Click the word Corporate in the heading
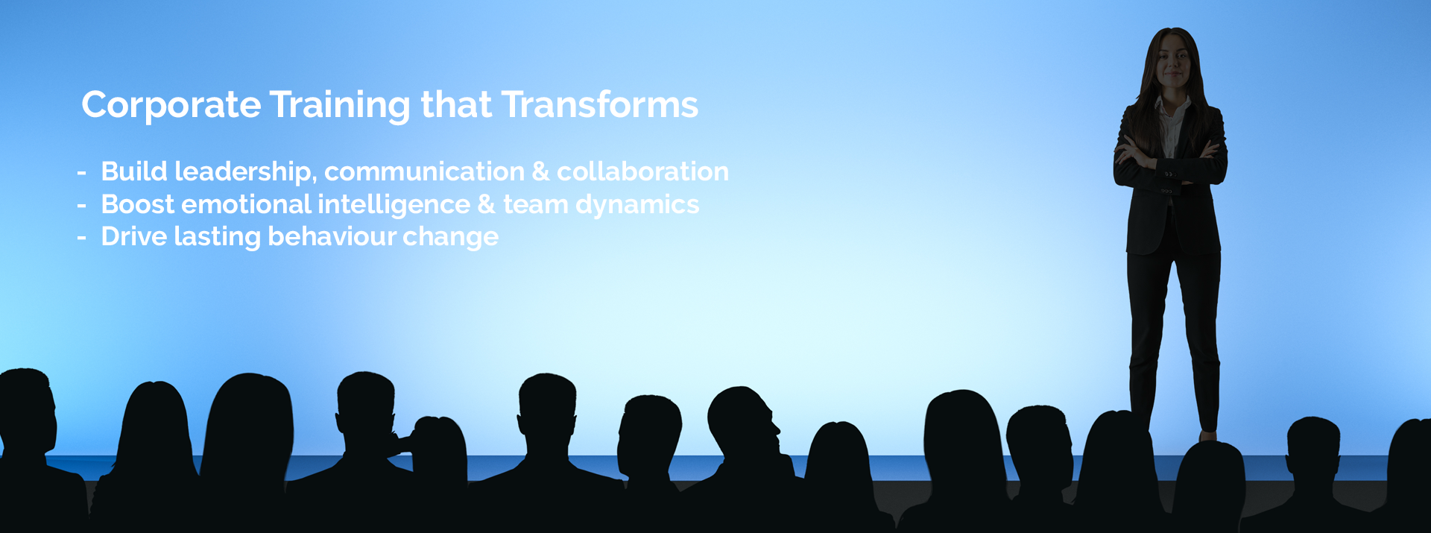[171, 105]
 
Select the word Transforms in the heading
[600, 104]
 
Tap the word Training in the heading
[340, 105]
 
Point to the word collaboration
[642, 171]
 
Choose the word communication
[425, 171]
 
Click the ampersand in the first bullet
[541, 172]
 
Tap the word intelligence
[394, 205]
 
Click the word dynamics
[637, 205]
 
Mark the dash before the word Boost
[82, 205]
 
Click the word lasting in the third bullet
[217, 236]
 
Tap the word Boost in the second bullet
[138, 204]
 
